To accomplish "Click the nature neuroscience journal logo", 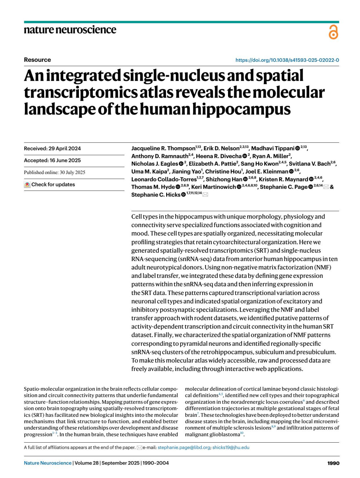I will (x=70, y=30).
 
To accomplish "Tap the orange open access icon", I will (x=333, y=32).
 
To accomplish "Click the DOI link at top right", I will (x=287, y=60).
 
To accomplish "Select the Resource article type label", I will (x=37, y=60).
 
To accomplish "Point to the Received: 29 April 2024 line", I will (x=52, y=149).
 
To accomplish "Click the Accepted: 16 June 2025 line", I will (x=52, y=161).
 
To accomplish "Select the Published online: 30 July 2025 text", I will (x=54, y=173).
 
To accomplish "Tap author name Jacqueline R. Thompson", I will (x=163, y=148).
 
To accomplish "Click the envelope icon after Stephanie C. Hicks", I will (x=205, y=195).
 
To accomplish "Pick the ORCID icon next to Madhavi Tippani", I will (x=297, y=148).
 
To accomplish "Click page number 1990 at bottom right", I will (x=333, y=463).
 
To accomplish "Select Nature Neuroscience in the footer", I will (x=47, y=463).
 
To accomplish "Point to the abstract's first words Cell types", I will (x=142, y=217).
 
